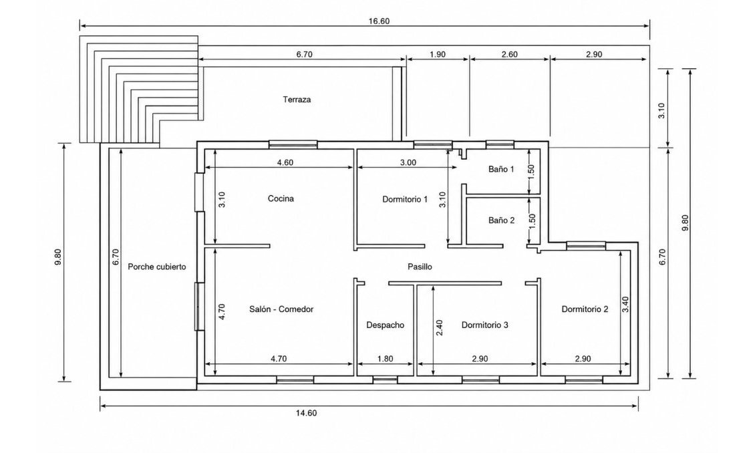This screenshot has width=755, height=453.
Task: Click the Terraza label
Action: [x=297, y=100]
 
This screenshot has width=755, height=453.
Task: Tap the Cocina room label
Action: [x=281, y=198]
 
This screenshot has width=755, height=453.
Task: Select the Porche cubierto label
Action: [x=156, y=267]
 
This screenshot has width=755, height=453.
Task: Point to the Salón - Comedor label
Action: [x=281, y=309]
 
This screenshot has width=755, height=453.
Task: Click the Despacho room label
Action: [x=386, y=325]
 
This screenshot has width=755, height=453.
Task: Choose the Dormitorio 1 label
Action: [x=405, y=199]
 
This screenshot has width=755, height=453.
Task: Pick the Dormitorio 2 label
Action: [x=585, y=309]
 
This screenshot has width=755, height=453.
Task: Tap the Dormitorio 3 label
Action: [x=485, y=325]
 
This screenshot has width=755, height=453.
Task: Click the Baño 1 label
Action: [x=501, y=169]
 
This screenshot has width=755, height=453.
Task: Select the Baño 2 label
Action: [x=501, y=220]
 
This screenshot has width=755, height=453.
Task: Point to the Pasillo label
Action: [x=420, y=267]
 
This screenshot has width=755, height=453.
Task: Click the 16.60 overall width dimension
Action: [x=379, y=21]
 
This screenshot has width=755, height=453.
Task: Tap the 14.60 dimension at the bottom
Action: [x=306, y=413]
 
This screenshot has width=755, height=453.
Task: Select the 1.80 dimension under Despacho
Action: [x=386, y=359]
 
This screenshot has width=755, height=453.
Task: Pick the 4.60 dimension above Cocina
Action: [x=285, y=163]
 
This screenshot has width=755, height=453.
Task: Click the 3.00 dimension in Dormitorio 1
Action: [x=408, y=163]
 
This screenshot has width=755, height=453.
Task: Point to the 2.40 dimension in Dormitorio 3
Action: [x=439, y=328]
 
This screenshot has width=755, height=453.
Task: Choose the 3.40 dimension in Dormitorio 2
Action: [x=625, y=304]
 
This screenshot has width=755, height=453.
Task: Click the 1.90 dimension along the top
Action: [x=437, y=54]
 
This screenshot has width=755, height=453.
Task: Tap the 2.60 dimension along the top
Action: [x=509, y=54]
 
